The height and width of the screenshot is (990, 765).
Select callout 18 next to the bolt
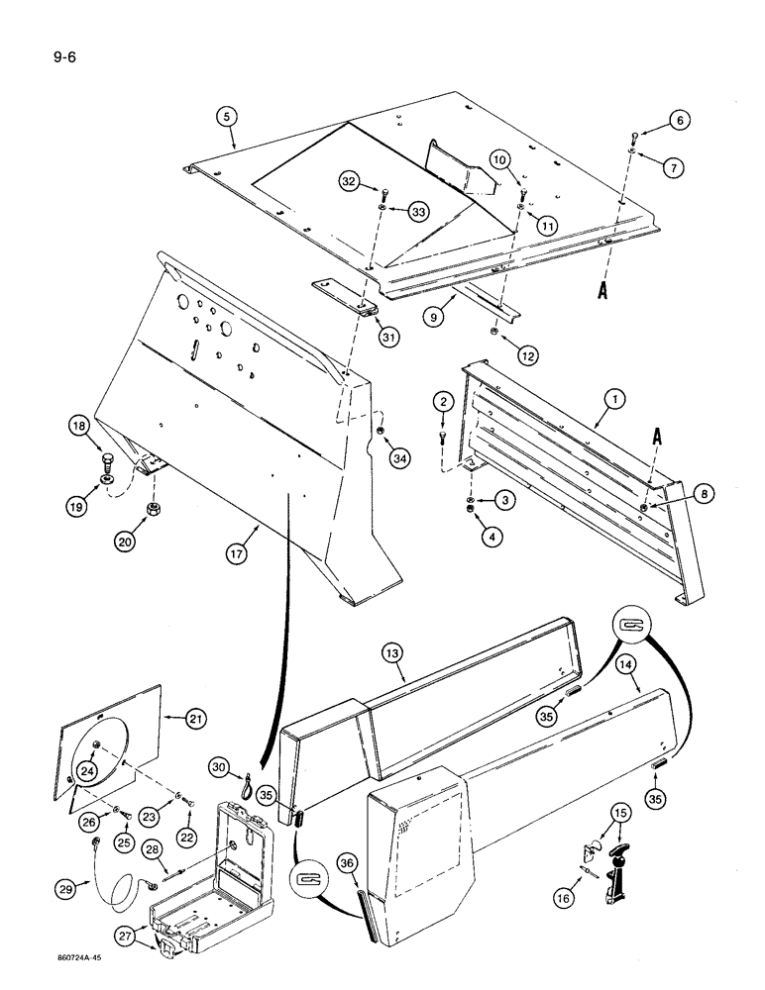click(104, 429)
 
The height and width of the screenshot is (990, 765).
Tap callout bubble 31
click(389, 338)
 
